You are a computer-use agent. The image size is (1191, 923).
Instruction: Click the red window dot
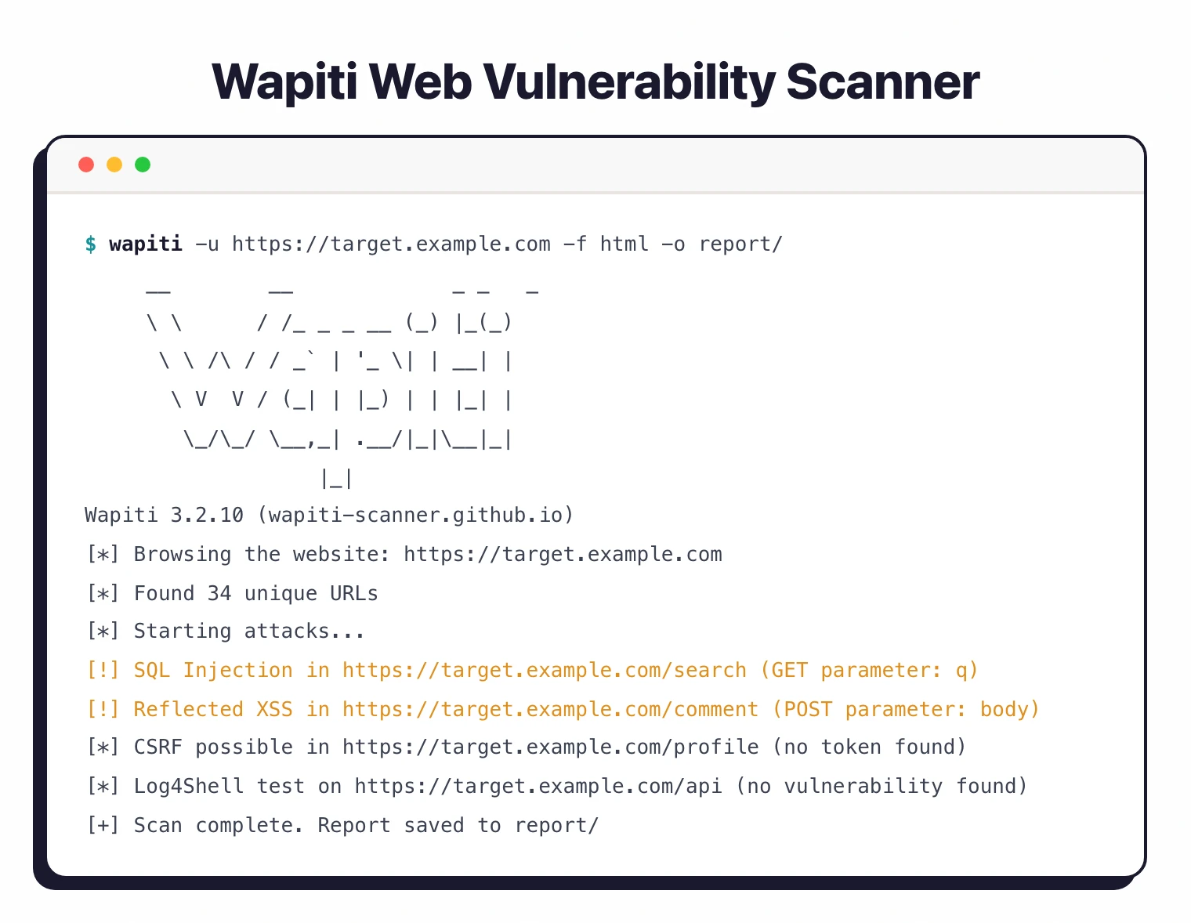pos(86,165)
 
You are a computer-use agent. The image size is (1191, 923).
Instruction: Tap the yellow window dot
pos(114,165)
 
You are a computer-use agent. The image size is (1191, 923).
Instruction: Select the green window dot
pos(143,165)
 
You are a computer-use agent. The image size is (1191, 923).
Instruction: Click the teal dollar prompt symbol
pos(91,244)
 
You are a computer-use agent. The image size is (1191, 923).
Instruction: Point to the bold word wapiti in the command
pos(146,244)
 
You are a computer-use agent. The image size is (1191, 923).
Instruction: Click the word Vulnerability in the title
pos(624,81)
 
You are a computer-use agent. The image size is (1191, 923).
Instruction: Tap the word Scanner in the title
pos(882,81)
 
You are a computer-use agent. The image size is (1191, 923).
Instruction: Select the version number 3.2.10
pos(207,516)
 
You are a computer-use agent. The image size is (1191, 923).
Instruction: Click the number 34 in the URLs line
pos(219,593)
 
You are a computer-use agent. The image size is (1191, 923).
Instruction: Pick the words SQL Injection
pos(213,671)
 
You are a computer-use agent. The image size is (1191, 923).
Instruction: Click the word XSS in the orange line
pos(274,709)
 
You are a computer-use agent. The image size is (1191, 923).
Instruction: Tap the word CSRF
pos(158,747)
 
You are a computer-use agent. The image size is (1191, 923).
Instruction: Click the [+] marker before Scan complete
pos(103,825)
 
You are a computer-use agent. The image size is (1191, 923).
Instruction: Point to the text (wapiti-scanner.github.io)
pos(415,516)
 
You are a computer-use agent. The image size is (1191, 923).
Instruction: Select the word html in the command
pos(624,244)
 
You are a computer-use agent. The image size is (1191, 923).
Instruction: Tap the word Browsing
pos(183,555)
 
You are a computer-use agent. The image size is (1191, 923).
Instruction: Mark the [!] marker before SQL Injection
pos(103,671)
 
